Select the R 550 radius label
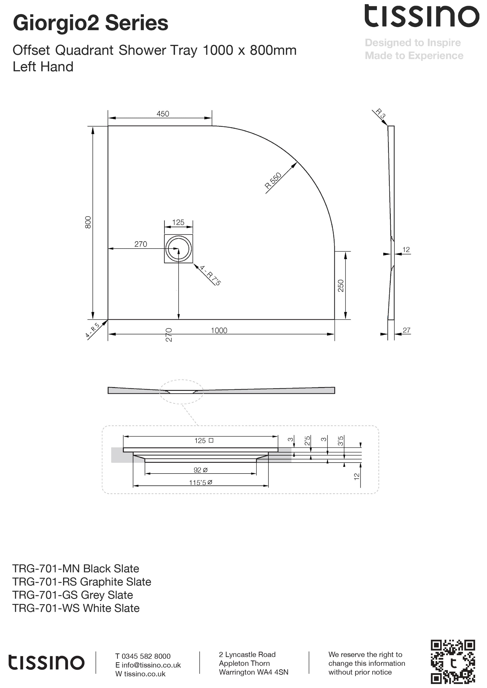273,180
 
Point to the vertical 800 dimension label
88,223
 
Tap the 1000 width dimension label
219,330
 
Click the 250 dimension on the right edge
341,286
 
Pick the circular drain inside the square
178,249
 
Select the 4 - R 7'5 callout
210,275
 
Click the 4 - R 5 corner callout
92,330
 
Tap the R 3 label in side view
380,114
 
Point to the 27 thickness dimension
406,330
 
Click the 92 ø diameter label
201,470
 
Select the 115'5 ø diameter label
201,482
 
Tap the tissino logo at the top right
421,17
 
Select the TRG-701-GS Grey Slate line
73,595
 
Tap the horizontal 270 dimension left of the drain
141,244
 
